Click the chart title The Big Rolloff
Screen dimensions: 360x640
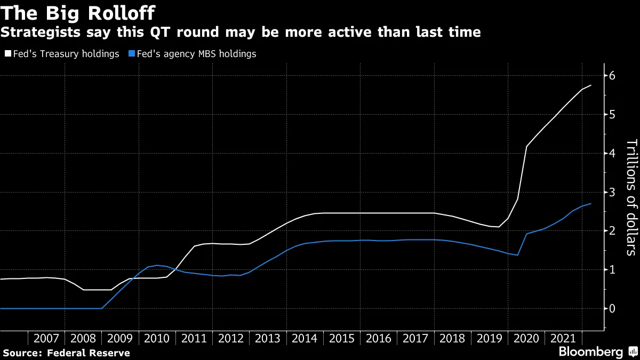tap(78, 12)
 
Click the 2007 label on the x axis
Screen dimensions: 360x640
tap(46, 339)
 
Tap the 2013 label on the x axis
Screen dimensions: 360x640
tap(268, 339)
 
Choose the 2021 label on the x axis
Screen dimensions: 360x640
tap(563, 339)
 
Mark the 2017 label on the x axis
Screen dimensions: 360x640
tap(415, 339)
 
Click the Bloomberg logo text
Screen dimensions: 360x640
tap(590, 352)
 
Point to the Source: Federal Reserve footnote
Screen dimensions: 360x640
tap(67, 353)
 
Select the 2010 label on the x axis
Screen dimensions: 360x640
tap(157, 339)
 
